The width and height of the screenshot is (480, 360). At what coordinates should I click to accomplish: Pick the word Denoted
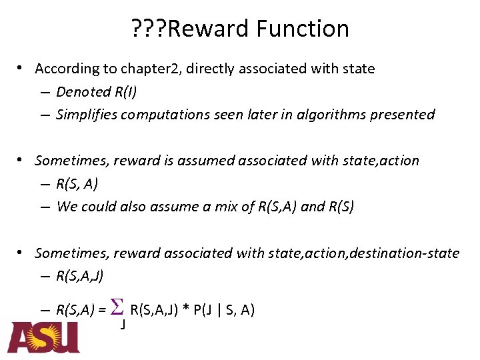tap(79, 91)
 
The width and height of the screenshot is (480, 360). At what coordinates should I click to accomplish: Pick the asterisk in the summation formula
tap(186, 310)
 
